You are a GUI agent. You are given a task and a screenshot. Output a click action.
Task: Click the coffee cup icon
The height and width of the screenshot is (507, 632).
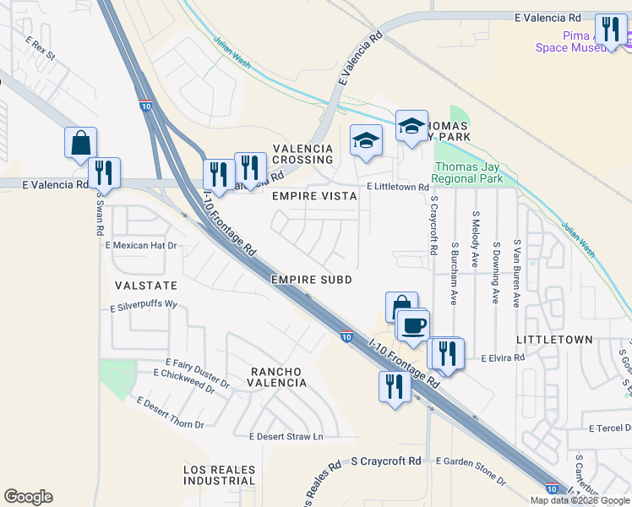pos(412,325)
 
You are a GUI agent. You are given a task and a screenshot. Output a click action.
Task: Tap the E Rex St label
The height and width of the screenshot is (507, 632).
pos(40,48)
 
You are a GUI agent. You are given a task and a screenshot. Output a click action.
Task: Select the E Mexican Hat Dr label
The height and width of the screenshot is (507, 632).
pos(141,246)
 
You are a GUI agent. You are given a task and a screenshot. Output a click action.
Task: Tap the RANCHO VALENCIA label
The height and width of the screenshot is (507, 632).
pos(277,377)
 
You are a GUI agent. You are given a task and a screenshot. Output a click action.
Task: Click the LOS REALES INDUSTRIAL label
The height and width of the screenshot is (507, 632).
pos(219,474)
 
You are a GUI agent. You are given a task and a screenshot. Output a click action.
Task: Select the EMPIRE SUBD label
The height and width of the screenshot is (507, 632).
pos(311,279)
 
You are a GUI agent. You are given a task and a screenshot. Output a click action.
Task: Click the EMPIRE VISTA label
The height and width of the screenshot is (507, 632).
pos(315,195)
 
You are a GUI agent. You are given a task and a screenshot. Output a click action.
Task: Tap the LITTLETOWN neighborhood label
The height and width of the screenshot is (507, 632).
pos(554,340)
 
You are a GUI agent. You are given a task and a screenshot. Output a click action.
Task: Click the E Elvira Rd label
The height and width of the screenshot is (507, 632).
pos(503,358)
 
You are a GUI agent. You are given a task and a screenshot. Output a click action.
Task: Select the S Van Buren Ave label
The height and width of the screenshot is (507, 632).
pos(515,259)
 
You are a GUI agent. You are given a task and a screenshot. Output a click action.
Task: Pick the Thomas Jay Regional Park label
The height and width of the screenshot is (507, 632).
pos(467,172)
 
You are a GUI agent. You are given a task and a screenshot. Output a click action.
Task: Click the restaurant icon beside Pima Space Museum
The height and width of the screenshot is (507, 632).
pos(608,30)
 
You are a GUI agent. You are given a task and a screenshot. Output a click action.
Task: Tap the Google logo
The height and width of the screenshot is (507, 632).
pos(28,497)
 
